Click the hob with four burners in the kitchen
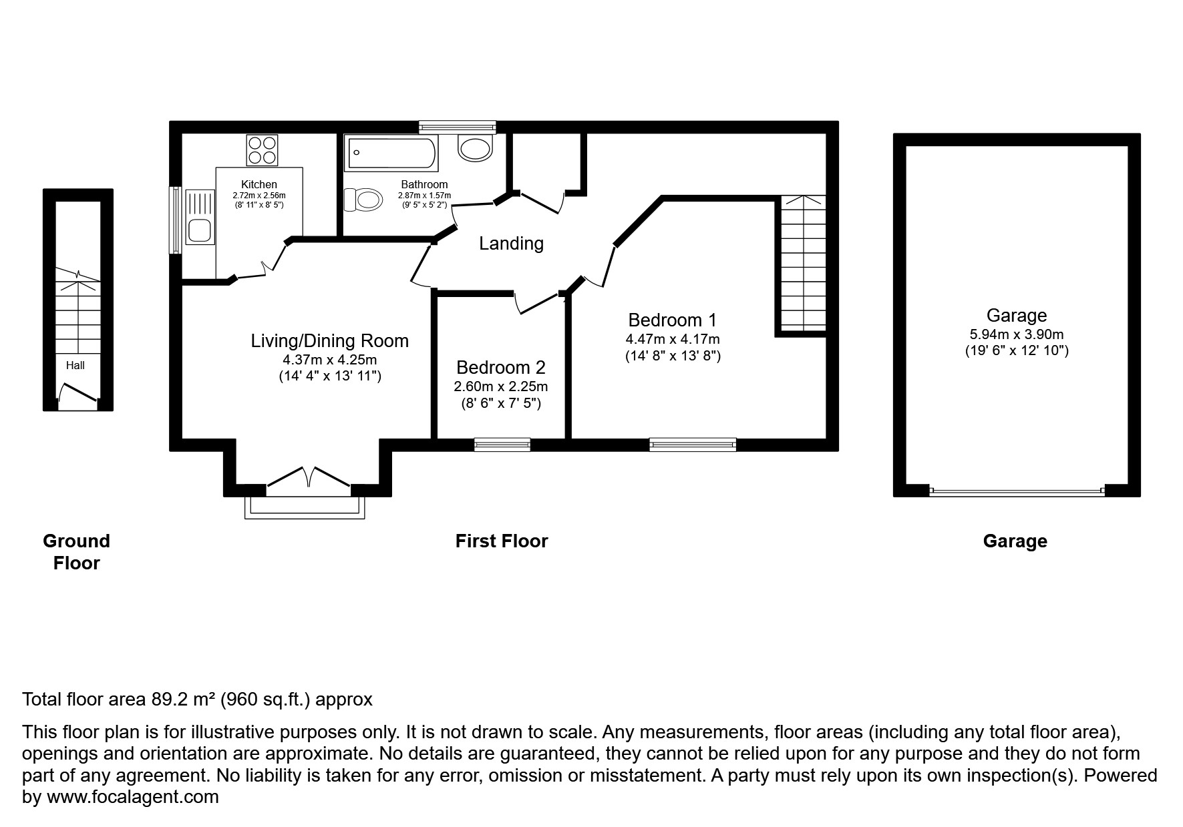click(262, 150)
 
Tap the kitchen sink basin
click(200, 230)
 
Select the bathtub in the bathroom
click(391, 154)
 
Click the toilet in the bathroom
click(363, 199)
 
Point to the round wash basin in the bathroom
click(475, 148)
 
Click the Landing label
click(511, 244)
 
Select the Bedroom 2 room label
click(500, 367)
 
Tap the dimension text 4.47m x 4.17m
click(672, 339)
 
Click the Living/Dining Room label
click(329, 341)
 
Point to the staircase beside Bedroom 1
click(802, 264)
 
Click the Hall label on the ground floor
click(75, 365)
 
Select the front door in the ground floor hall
click(78, 396)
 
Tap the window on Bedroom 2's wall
click(502, 445)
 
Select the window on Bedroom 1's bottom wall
click(692, 445)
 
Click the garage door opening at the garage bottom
click(1016, 491)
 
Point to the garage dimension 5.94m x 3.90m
click(1016, 334)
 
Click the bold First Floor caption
click(501, 541)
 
